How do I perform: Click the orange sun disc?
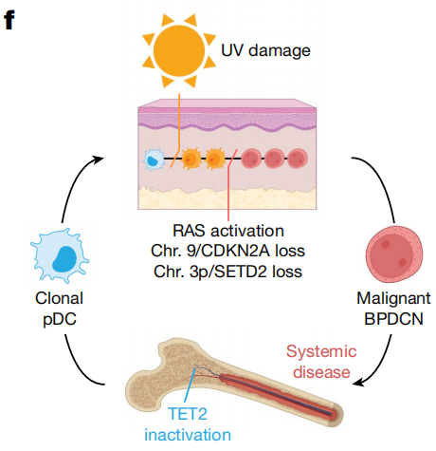pos(179,50)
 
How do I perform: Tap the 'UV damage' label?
pos(265,50)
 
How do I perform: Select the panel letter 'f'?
pos(9,20)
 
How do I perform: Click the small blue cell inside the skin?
pos(154,160)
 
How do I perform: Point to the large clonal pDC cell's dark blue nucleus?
pos(64,259)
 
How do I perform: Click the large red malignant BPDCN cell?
pos(394,254)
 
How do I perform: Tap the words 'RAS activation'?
pos(228,231)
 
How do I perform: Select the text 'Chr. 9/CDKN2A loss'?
pos(227,251)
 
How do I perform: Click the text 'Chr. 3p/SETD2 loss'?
pos(227,272)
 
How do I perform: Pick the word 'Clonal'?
pos(60,298)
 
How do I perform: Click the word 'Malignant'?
pos(393,298)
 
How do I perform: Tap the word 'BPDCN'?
pos(393,319)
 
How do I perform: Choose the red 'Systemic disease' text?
pos(321,362)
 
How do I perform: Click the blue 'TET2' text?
pos(188,414)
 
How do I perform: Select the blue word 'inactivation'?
pos(188,435)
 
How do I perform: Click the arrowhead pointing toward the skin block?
pos(99,159)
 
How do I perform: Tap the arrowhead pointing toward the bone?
pos(358,382)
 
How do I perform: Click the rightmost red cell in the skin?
pos(298,159)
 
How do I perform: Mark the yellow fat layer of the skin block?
pos(227,197)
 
